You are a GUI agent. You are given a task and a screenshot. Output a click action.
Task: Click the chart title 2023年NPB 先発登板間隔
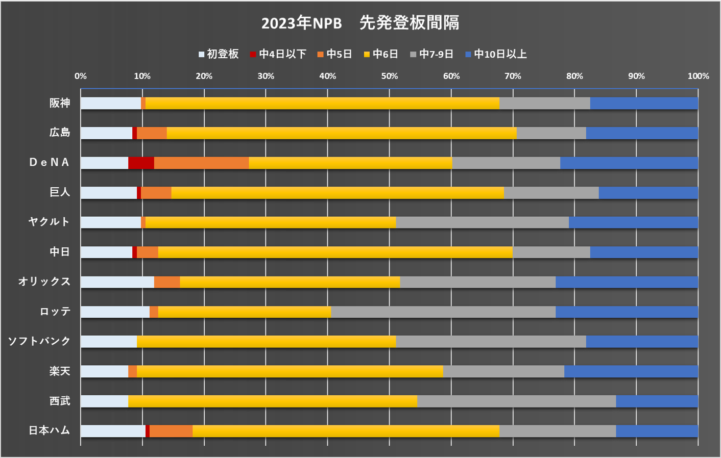pos(360,23)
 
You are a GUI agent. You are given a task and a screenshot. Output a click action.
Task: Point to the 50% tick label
pos(389,76)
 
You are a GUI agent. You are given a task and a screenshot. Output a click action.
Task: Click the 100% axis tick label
pos(698,76)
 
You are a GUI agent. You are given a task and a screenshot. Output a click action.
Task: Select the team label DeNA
pos(49,162)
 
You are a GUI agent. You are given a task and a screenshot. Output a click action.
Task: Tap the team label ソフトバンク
pos(39,341)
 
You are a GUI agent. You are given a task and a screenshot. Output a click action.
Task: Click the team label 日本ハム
pos(49,430)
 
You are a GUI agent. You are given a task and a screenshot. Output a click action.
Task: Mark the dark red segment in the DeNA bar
pos(141,163)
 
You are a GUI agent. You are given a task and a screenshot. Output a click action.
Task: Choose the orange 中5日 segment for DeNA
pos(201,163)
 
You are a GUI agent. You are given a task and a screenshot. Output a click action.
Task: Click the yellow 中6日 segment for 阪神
pos(322,103)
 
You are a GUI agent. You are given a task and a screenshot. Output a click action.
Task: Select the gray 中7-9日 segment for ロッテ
pos(443,312)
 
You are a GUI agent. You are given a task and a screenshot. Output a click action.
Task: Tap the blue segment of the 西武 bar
pos(657,401)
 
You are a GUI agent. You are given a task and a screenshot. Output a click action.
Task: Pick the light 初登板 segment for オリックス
pos(117,282)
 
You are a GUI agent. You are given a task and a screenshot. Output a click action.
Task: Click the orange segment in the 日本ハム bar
pos(171,431)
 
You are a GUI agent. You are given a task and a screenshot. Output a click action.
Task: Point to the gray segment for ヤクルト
pos(482,222)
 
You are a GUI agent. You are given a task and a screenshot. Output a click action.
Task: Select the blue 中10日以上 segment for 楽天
pos(631,371)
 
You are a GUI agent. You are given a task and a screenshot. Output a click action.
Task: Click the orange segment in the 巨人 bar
pos(156,193)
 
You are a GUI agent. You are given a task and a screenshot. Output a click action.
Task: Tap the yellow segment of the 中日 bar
pos(335,252)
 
